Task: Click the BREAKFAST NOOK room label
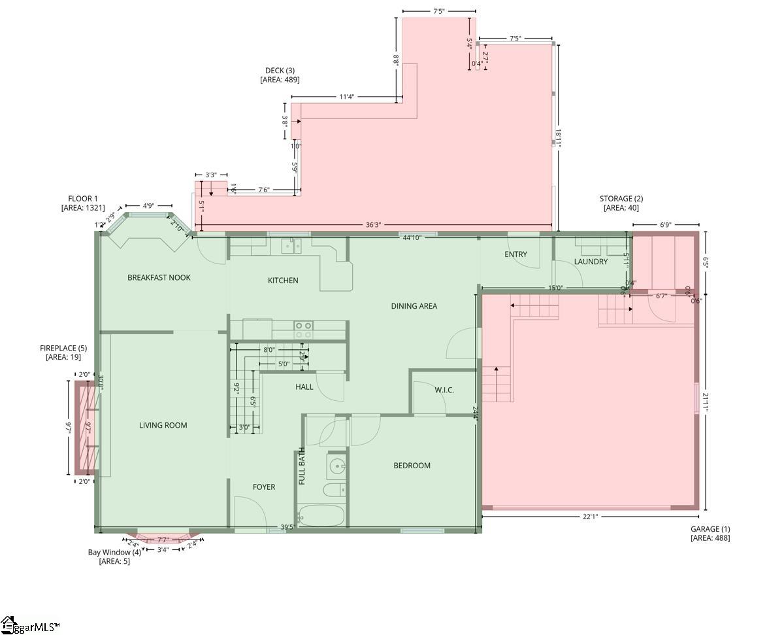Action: tap(159, 277)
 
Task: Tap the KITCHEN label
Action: tap(283, 281)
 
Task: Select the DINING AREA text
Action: tap(414, 306)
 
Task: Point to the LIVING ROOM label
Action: tap(163, 425)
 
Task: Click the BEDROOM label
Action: tap(412, 466)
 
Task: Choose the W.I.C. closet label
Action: tap(444, 390)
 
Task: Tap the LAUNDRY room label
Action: tap(591, 262)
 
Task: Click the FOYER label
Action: tap(264, 487)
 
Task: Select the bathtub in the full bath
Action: tap(321, 515)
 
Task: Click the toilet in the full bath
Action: tap(334, 490)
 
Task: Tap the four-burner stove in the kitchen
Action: tap(303, 330)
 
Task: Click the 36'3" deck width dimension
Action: tap(373, 225)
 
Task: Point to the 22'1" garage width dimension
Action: tap(590, 517)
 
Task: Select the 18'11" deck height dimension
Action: tap(558, 138)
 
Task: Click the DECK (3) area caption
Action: tap(280, 75)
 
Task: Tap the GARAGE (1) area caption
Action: tap(710, 534)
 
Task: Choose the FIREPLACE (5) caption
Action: tap(63, 352)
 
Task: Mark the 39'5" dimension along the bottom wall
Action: tap(287, 526)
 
